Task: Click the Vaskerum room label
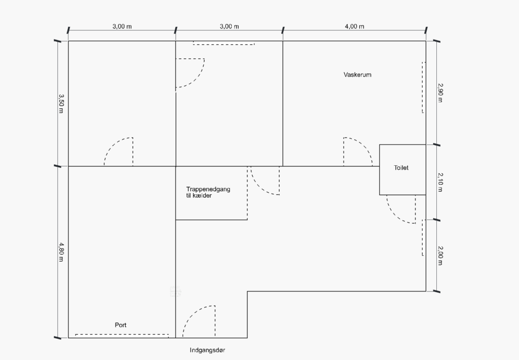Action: point(357,75)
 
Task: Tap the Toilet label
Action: point(401,168)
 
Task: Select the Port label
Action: point(121,325)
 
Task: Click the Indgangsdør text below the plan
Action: point(207,350)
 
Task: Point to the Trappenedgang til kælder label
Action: point(208,192)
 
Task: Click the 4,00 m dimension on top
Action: point(354,26)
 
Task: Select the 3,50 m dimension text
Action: point(61,103)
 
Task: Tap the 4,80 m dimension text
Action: point(61,252)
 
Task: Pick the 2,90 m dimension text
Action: point(440,93)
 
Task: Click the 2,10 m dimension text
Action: point(440,182)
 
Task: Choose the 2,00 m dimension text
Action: point(440,256)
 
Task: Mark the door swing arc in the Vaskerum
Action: point(364,146)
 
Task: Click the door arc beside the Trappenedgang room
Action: point(260,187)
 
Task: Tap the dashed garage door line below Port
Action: point(122,335)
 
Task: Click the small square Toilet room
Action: point(402,169)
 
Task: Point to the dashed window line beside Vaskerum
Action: point(423,87)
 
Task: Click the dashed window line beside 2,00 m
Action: point(423,238)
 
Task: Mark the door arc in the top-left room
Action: point(113,145)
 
